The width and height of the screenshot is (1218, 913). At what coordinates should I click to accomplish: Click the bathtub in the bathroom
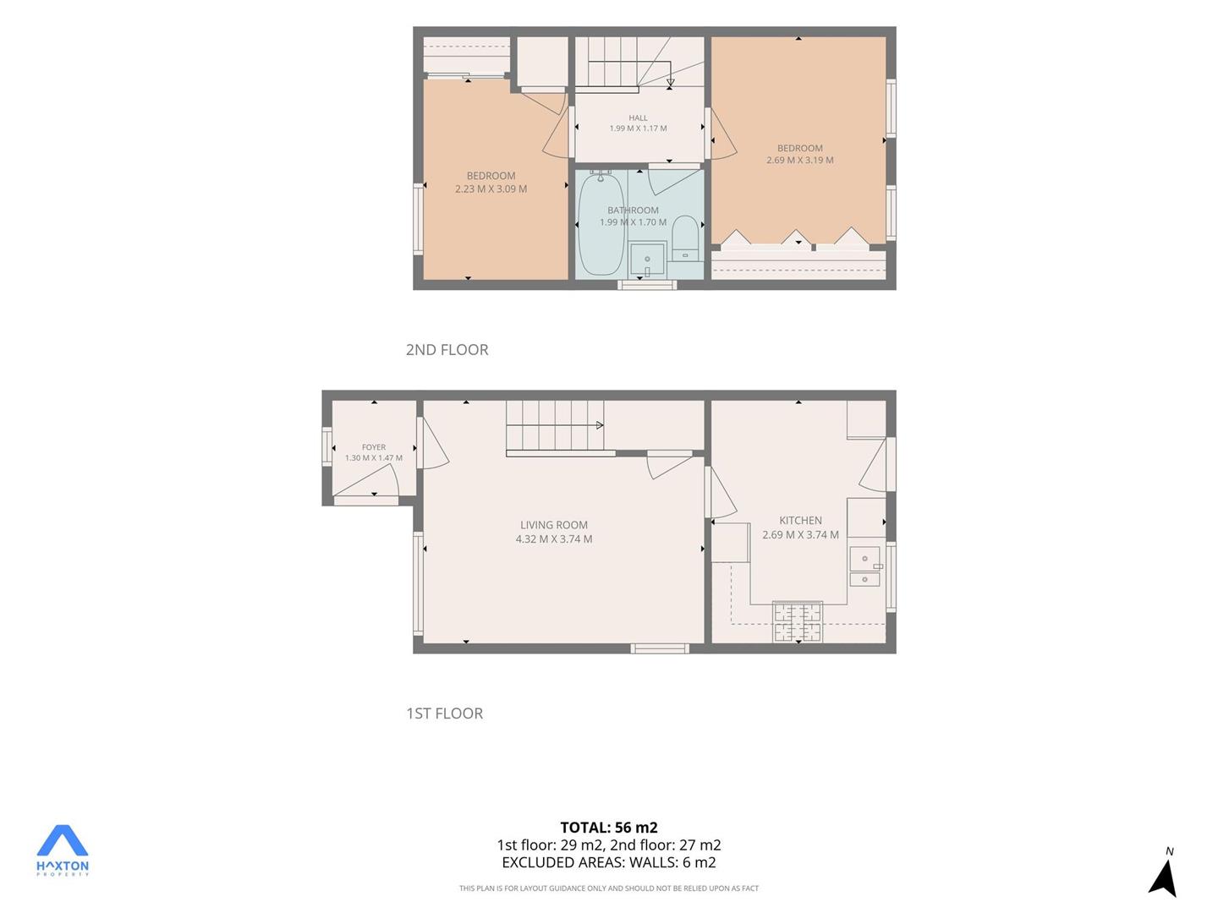click(x=601, y=223)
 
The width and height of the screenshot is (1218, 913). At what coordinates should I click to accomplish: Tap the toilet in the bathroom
click(x=685, y=238)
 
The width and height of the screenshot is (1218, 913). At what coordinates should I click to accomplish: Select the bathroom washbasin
click(x=647, y=259)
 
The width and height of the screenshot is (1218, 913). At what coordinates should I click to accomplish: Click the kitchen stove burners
click(x=798, y=621)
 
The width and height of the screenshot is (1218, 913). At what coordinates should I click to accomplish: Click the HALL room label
click(x=638, y=118)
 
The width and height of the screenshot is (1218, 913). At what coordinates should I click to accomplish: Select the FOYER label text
click(x=374, y=447)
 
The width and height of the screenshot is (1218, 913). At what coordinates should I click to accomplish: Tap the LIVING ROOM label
click(x=554, y=524)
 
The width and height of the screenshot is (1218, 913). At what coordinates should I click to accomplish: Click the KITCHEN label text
click(x=800, y=520)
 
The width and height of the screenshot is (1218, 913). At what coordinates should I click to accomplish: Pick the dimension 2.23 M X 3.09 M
click(x=491, y=189)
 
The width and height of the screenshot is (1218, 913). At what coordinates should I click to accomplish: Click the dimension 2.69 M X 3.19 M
click(x=799, y=161)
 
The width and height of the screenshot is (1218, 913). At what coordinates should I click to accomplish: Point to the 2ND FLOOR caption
click(x=447, y=350)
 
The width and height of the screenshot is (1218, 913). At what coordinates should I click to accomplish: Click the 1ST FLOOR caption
click(x=444, y=713)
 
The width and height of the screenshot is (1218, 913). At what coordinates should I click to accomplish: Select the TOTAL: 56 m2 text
click(x=609, y=828)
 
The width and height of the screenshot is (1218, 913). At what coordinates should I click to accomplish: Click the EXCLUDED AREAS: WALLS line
click(x=609, y=862)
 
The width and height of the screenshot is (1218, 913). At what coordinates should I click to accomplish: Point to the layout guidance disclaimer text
click(x=609, y=888)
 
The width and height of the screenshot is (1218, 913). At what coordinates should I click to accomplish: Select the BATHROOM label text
click(x=634, y=210)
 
